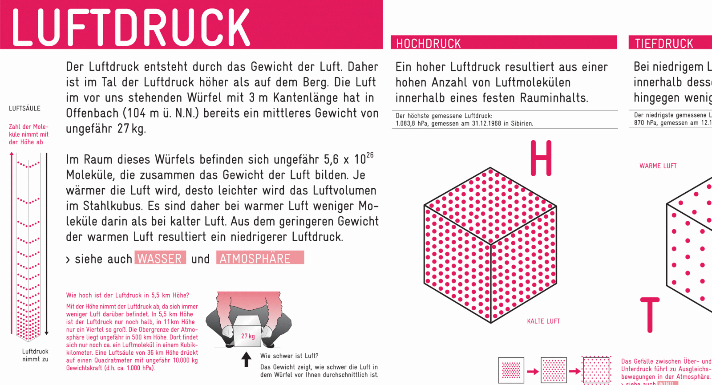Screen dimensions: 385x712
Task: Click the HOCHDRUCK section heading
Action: click(429, 44)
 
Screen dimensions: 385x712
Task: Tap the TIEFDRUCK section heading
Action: click(664, 44)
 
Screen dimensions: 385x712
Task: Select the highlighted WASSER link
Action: click(160, 258)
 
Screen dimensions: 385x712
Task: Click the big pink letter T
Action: click(650, 315)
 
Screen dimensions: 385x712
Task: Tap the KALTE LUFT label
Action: click(543, 321)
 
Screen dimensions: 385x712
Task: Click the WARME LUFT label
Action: click(658, 166)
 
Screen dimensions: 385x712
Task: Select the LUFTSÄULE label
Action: click(24, 109)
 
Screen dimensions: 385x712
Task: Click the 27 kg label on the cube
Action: click(248, 336)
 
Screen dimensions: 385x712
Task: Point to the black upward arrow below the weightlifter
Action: click(246, 359)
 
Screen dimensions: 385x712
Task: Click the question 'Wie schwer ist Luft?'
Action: click(289, 356)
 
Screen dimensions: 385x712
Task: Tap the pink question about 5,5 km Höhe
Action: click(128, 295)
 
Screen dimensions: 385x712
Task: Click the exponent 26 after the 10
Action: click(370, 155)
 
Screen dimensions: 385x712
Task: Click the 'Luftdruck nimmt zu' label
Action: click(35, 355)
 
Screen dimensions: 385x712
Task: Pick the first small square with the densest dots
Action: click(511, 370)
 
